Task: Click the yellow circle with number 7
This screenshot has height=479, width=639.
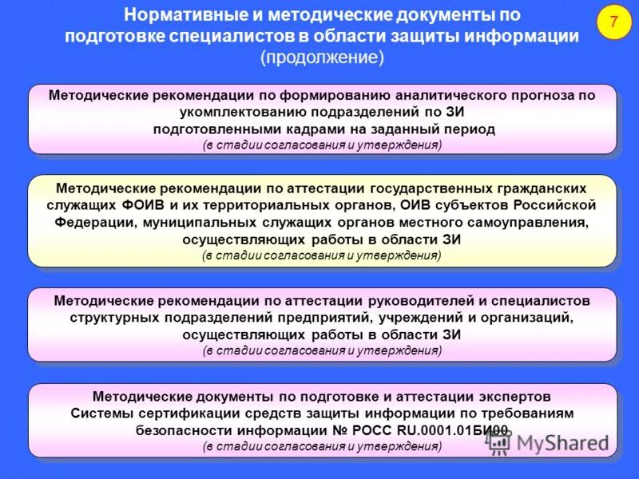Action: pyautogui.click(x=613, y=23)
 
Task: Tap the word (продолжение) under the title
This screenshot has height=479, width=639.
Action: pyautogui.click(x=322, y=57)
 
